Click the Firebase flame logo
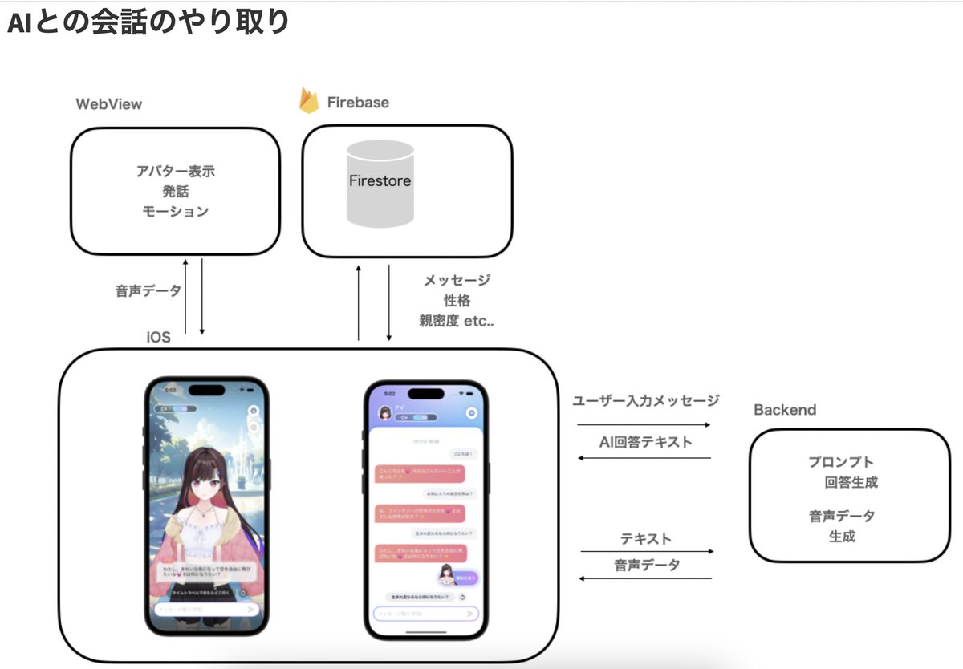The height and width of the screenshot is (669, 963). pyautogui.click(x=309, y=101)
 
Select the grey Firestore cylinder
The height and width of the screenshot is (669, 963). pyautogui.click(x=380, y=183)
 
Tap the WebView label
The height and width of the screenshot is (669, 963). pyautogui.click(x=109, y=104)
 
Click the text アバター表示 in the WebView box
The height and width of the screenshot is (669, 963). pyautogui.click(x=175, y=172)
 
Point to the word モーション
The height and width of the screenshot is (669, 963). pyautogui.click(x=175, y=212)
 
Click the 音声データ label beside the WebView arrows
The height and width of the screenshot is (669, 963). pyautogui.click(x=148, y=290)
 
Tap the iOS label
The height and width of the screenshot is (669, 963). pyautogui.click(x=158, y=337)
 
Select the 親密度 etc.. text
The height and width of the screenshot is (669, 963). pyautogui.click(x=457, y=321)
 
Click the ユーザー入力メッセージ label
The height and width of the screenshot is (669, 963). pyautogui.click(x=646, y=400)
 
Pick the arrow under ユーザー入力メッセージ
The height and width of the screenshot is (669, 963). pyautogui.click(x=644, y=424)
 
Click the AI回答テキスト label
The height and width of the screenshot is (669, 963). pyautogui.click(x=645, y=441)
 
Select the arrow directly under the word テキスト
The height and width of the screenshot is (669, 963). pyautogui.click(x=647, y=551)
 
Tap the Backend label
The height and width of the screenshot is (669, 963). pyautogui.click(x=785, y=410)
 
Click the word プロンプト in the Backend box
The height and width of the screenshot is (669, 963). pyautogui.click(x=841, y=462)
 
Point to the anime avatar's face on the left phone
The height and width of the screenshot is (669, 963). pyautogui.click(x=208, y=480)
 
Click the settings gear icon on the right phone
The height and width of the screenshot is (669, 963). pyautogui.click(x=472, y=413)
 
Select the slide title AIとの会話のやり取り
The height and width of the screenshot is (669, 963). pyautogui.click(x=148, y=22)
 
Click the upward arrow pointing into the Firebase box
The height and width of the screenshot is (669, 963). pyautogui.click(x=359, y=303)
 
